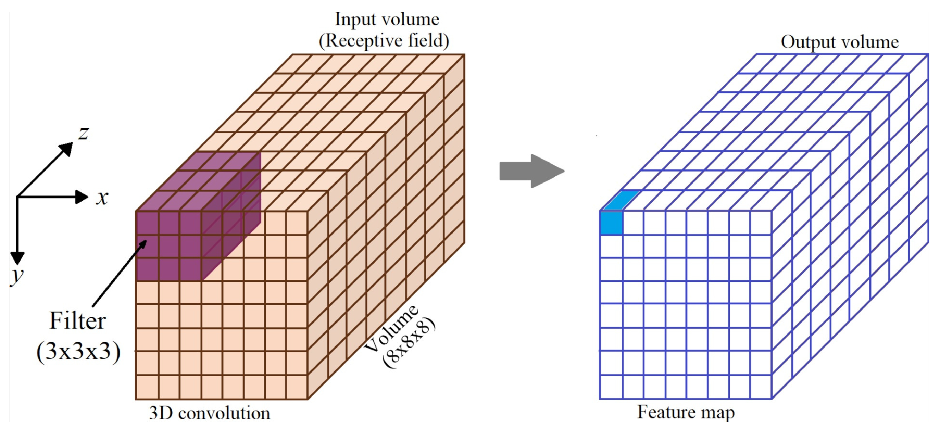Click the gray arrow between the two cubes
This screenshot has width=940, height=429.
(x=531, y=171)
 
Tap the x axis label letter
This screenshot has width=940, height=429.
(x=102, y=198)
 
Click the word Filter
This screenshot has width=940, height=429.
(x=77, y=321)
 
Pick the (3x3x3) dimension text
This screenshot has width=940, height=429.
(x=78, y=351)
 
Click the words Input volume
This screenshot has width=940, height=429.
(x=387, y=19)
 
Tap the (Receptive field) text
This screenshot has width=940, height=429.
(x=384, y=40)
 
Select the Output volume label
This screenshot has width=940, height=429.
(x=839, y=42)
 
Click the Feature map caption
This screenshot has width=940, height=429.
(x=686, y=412)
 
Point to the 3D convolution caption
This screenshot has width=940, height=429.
(x=210, y=413)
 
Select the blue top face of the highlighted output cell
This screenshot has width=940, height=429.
(x=621, y=201)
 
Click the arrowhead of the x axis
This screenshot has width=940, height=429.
(x=82, y=197)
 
